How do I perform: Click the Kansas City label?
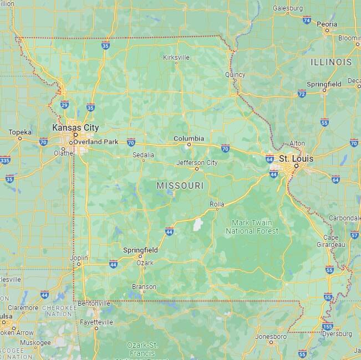click(x=75, y=127)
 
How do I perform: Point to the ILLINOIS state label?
click(x=331, y=62)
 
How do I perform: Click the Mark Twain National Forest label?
click(x=252, y=227)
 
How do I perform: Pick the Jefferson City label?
click(x=197, y=163)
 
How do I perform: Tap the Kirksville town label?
click(x=176, y=57)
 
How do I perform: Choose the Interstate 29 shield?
click(x=64, y=104)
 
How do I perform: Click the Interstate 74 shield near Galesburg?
click(x=307, y=20)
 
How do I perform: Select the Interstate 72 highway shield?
click(x=302, y=94)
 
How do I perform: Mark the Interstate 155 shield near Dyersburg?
click(x=328, y=327)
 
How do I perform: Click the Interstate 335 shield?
click(x=4, y=161)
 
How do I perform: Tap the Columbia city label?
click(x=189, y=138)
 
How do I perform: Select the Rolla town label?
click(x=216, y=204)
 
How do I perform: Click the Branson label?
click(x=144, y=287)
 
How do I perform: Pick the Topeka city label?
click(x=19, y=132)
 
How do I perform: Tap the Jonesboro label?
click(x=271, y=336)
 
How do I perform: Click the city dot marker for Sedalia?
click(x=143, y=160)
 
